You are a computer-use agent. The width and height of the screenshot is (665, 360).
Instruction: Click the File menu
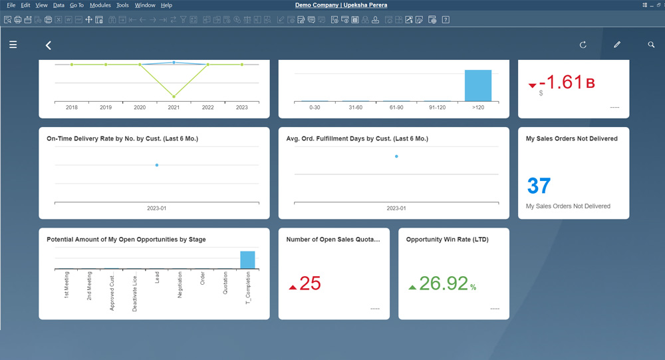click(11, 5)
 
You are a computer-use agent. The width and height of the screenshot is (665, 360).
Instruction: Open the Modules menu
click(100, 5)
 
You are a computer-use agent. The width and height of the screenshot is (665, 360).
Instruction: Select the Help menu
click(166, 5)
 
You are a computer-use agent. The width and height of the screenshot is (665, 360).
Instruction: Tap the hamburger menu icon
click(13, 45)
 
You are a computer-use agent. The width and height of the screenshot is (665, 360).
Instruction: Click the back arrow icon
click(48, 45)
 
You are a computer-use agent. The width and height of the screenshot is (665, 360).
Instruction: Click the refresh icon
click(583, 45)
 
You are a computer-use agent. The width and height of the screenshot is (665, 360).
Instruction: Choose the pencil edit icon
click(617, 45)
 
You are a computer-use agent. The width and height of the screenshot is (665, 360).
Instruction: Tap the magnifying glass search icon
click(651, 45)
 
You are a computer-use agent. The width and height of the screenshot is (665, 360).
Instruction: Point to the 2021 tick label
click(174, 107)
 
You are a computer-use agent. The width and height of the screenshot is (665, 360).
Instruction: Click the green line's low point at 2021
click(174, 96)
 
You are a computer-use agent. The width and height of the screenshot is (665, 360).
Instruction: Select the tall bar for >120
click(478, 85)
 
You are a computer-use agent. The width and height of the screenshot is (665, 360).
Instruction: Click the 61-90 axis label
click(396, 107)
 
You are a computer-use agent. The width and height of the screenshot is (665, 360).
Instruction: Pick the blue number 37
click(539, 186)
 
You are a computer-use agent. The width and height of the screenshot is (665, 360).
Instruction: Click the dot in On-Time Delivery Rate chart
click(157, 165)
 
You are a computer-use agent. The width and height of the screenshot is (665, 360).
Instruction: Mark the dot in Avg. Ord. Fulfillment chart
click(396, 156)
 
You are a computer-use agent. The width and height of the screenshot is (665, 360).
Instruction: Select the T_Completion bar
click(247, 260)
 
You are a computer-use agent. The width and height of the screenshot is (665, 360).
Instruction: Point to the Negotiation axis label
click(180, 285)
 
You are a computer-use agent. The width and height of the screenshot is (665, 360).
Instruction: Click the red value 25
click(310, 283)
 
